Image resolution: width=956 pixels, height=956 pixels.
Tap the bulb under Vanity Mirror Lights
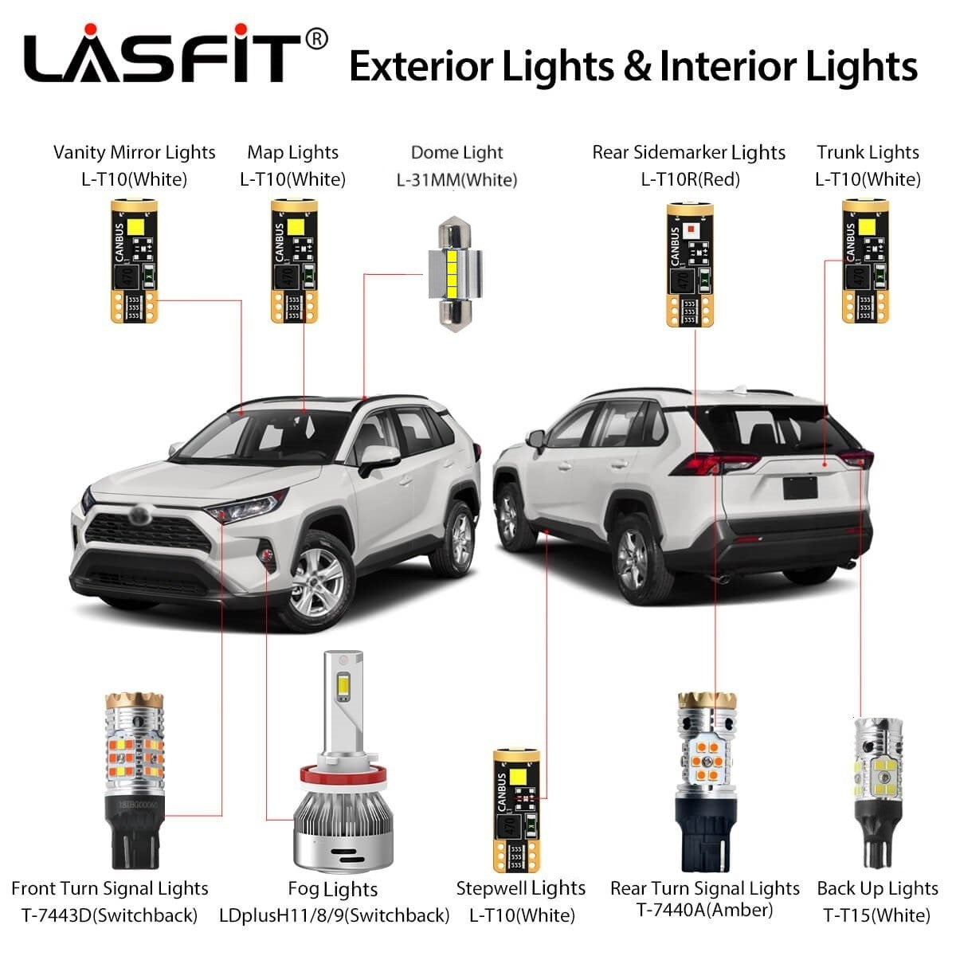tap(134, 261)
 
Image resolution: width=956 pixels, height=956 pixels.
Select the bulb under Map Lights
tap(294, 261)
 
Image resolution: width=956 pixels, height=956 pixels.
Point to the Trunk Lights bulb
tap(865, 261)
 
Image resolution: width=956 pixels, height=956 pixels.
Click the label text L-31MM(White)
tap(456, 180)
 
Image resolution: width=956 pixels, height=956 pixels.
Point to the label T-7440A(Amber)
tap(705, 910)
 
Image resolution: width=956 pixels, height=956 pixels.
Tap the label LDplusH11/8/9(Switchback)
tap(335, 915)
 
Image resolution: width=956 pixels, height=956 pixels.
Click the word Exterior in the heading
tap(414, 65)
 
